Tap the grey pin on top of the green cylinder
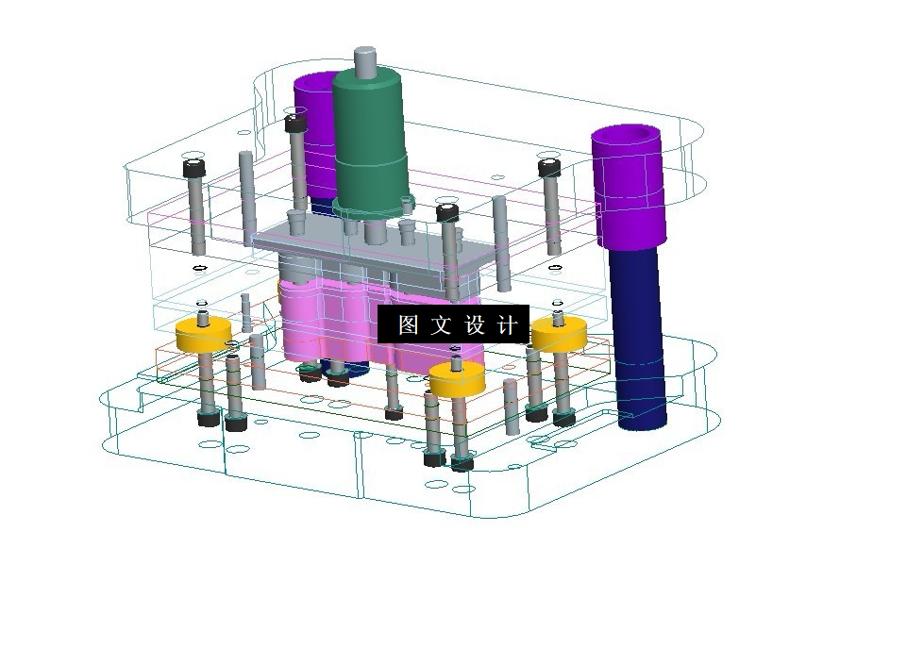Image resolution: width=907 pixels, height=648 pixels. tap(365, 60)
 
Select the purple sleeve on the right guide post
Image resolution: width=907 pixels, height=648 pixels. tap(629, 188)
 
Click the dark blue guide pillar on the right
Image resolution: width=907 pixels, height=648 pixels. tap(637, 339)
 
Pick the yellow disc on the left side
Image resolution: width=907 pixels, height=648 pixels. tap(204, 335)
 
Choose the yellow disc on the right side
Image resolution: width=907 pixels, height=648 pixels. tap(559, 334)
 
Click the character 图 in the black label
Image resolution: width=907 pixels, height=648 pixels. tap(408, 324)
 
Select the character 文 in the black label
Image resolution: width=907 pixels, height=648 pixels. tap(441, 324)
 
